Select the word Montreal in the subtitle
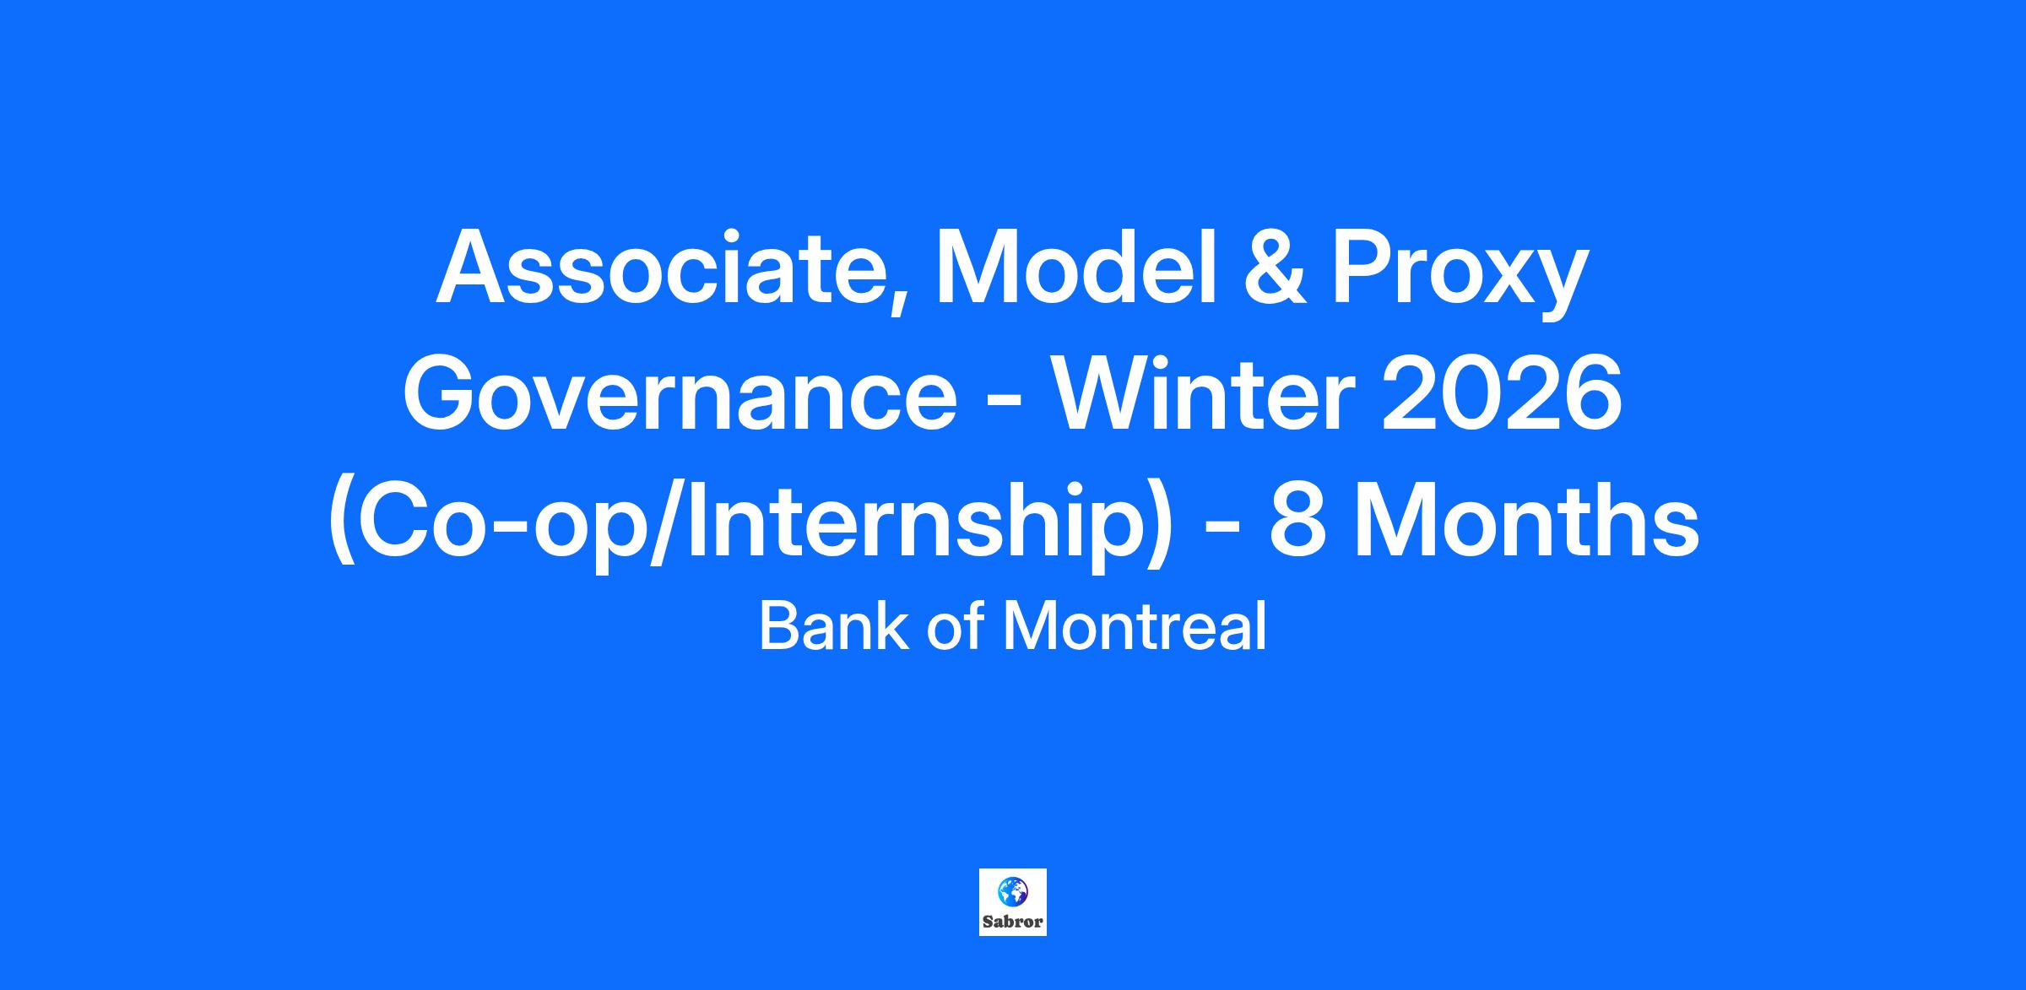click(x=1135, y=627)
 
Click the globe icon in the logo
click(x=1011, y=890)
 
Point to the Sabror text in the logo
click(x=1012, y=922)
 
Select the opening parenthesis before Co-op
click(x=341, y=527)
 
